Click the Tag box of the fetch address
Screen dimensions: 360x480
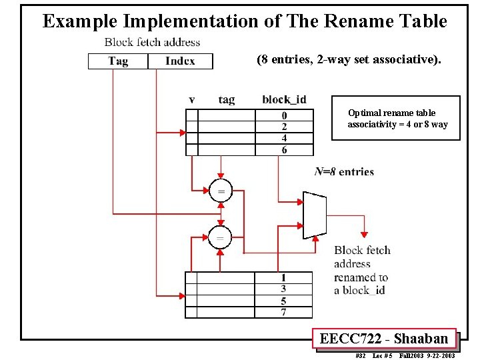[x=117, y=61]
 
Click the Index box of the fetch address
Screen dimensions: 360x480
[x=179, y=61]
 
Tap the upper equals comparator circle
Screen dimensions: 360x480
[x=220, y=191]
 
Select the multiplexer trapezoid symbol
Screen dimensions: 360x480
[x=314, y=215]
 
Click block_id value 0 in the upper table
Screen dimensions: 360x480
[x=284, y=116]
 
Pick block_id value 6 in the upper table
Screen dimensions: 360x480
[x=284, y=150]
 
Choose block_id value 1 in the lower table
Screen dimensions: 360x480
[x=283, y=278]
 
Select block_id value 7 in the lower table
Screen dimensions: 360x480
[x=283, y=311]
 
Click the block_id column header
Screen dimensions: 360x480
[x=284, y=100]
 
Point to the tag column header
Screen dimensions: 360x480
[x=227, y=100]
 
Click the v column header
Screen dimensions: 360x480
[x=192, y=100]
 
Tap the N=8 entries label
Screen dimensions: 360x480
[x=344, y=172]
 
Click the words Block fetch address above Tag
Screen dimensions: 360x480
[x=152, y=42]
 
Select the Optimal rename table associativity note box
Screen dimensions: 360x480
[x=396, y=119]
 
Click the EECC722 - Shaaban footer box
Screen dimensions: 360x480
[x=384, y=339]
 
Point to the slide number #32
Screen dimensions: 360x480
[x=361, y=356]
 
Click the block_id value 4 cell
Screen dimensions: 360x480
[x=284, y=139]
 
